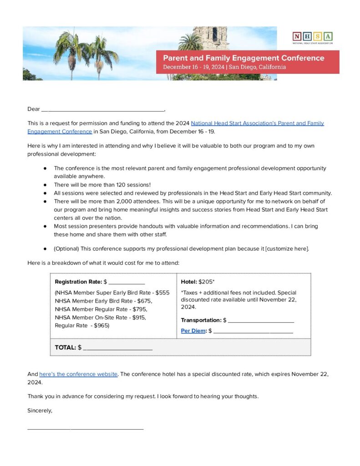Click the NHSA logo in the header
pos(312,37)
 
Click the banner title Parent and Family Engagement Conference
pos(243,58)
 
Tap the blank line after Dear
pos(102,109)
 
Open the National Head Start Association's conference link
pos(257,123)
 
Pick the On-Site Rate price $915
pos(137,317)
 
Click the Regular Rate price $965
pos(101,325)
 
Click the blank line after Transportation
pos(261,321)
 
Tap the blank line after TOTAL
pos(117,348)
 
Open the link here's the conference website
pos(79,374)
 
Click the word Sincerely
pos(40,410)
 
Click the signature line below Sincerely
pos(85,428)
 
